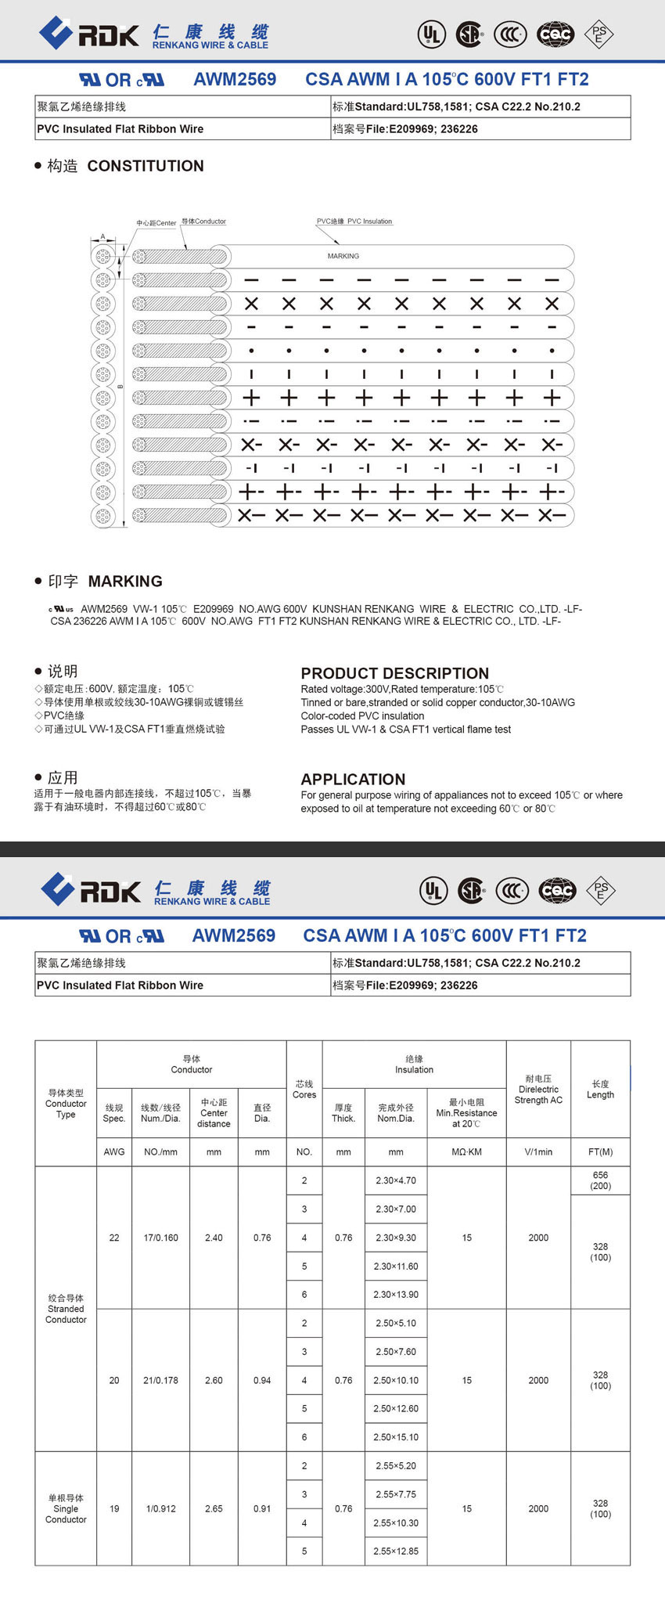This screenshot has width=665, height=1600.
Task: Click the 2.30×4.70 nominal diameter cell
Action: point(396,1180)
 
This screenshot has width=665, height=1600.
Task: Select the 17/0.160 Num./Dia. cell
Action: point(160,1238)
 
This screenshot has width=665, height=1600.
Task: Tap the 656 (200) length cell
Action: point(600,1180)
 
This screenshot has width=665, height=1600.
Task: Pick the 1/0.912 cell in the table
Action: point(160,1508)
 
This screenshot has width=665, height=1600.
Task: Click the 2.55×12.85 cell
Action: point(396,1551)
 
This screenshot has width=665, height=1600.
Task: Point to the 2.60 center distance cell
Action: point(214,1380)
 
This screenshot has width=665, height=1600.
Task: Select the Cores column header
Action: point(304,1089)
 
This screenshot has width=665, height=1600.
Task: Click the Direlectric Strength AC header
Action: point(538,1089)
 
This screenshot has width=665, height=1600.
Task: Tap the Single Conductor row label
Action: point(66,1508)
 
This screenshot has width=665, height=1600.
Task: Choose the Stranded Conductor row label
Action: point(66,1309)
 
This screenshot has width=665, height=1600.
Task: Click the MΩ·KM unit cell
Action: point(466,1151)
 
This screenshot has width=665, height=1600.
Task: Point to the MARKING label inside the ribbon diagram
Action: point(343,256)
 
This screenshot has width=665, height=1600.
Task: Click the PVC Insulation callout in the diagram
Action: point(354,222)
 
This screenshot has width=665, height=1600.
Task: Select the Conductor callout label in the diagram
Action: point(203,222)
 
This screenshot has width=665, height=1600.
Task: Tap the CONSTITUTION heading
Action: point(146,166)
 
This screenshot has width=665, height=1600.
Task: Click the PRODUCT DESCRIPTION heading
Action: point(394,673)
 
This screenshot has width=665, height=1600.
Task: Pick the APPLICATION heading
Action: point(353,779)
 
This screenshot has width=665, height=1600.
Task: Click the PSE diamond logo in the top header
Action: point(599,34)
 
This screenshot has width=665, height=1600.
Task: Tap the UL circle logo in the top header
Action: point(431,34)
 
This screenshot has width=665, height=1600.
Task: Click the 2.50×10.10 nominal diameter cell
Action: point(396,1380)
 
